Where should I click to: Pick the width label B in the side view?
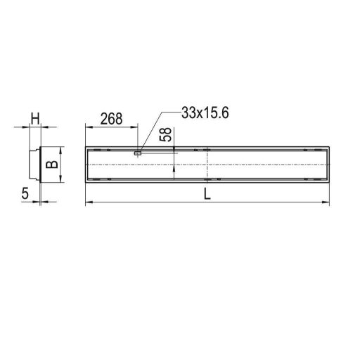pos(50,166)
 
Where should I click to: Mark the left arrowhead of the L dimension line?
pos(87,203)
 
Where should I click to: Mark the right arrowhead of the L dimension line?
pos(327,203)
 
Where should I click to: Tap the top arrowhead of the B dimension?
pos(60,150)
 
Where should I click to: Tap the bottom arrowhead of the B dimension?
pos(60,181)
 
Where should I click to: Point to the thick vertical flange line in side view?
pos(41,165)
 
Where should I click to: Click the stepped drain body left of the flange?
pos(32,165)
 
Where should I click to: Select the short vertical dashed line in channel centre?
pos(206,166)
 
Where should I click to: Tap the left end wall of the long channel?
pos(86,166)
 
